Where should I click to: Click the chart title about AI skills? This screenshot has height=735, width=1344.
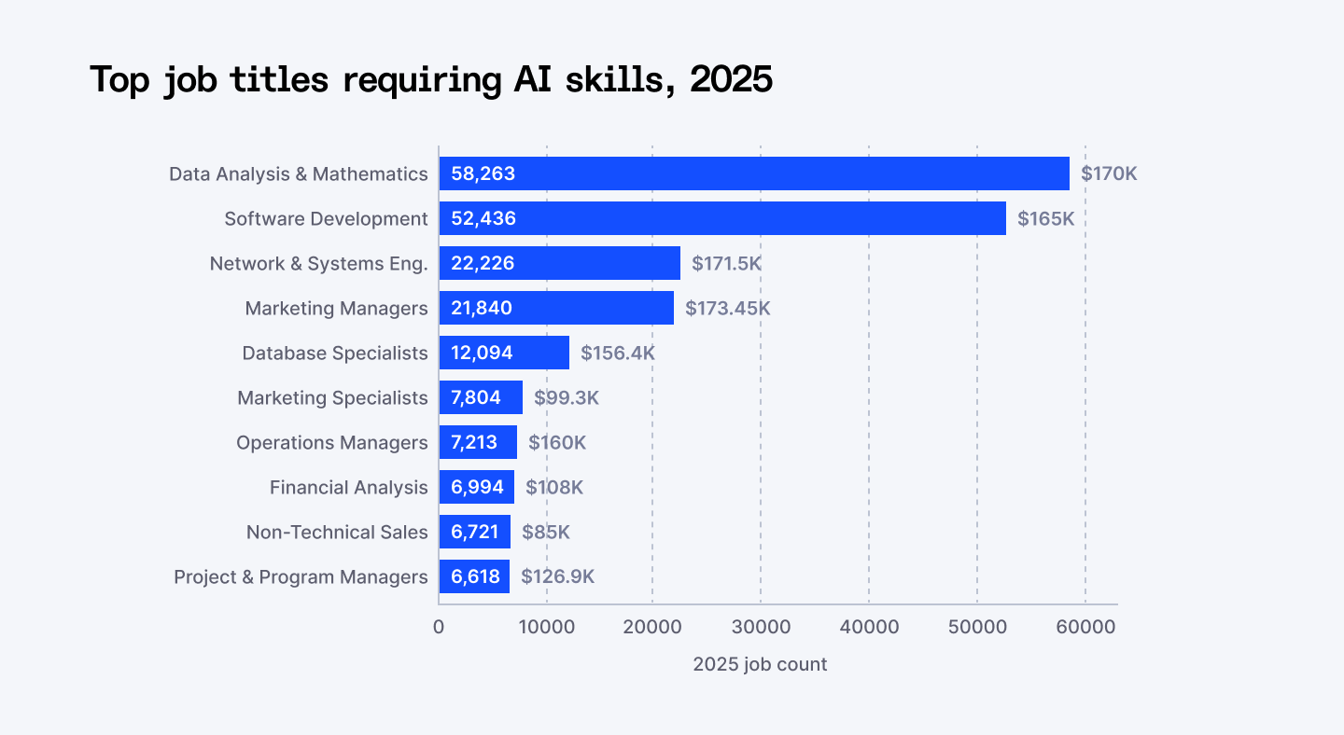point(430,80)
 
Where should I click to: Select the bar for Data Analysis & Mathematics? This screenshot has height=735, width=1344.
point(754,173)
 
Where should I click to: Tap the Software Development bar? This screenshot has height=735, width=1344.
point(722,218)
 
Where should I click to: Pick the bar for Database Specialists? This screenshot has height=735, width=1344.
point(504,353)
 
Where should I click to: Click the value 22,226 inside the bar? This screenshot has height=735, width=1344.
point(483,263)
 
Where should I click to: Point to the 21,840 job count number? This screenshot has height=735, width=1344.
point(482,308)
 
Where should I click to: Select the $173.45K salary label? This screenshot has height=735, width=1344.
point(727,308)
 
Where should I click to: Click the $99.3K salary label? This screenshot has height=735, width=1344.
point(566,397)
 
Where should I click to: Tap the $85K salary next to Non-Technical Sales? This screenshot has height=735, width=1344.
point(545,532)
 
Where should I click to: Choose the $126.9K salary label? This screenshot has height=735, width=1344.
point(557,576)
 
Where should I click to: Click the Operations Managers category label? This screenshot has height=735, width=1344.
point(331,442)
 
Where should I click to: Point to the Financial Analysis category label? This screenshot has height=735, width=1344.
point(348,487)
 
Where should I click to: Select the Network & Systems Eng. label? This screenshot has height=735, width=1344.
point(318,263)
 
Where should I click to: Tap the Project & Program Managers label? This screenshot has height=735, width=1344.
point(301,576)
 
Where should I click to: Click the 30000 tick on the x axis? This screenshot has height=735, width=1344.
point(761,627)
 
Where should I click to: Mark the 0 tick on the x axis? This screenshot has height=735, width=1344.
point(439,627)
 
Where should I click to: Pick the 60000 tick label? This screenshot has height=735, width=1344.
point(1085,627)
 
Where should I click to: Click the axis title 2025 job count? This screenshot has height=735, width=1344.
point(760,664)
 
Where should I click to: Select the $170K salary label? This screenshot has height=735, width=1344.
point(1109,173)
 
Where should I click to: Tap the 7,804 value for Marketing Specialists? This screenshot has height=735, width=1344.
point(476,397)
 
